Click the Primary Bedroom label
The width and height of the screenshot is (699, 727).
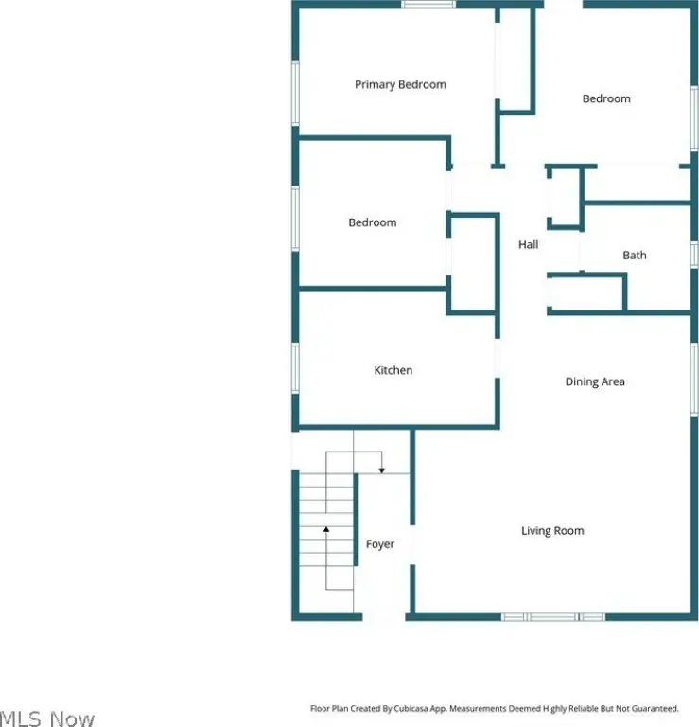coord(400,85)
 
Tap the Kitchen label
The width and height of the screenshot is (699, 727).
coord(393,370)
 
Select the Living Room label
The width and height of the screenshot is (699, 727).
coord(552,531)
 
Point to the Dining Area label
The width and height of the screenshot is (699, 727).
coord(595,381)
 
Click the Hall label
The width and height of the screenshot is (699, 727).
coord(528,244)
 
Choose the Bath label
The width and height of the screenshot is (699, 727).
coord(634,255)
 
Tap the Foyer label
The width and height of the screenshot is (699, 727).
coord(380,544)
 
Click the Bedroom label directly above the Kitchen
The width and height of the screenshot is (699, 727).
coord(373,222)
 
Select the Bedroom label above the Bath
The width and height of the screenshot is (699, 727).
coord(606,98)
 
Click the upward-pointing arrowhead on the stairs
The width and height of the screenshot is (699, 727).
coord(326,529)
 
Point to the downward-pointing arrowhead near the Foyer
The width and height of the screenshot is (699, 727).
coord(382,470)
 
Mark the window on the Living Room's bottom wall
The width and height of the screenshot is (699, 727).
coord(553,617)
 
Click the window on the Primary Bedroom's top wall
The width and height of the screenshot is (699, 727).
coord(428,4)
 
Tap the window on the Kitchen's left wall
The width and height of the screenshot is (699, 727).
coord(295,368)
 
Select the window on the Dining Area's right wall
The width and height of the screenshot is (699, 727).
coord(694,379)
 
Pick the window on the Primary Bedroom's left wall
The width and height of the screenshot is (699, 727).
coord(295,93)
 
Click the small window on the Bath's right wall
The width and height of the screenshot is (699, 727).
coord(694,255)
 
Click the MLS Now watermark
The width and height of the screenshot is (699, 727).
coord(47,718)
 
